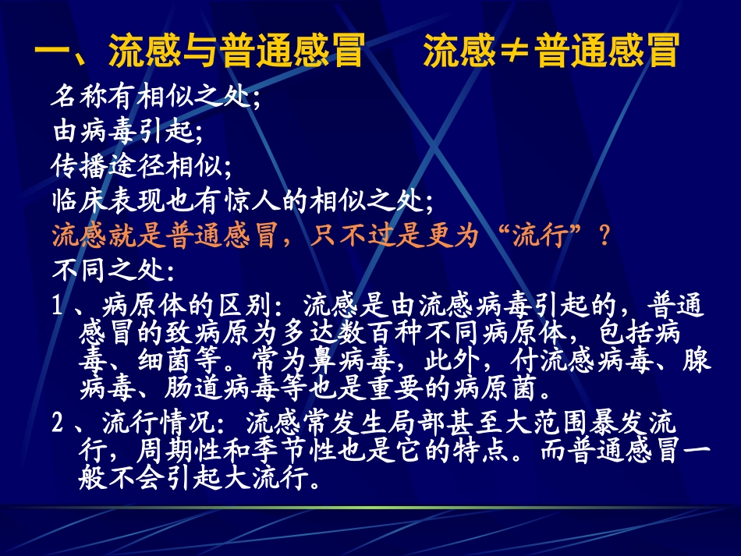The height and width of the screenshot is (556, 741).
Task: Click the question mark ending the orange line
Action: [x=601, y=236]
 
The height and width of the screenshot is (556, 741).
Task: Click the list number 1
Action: [x=58, y=306]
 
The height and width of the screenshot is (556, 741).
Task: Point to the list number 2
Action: [x=58, y=424]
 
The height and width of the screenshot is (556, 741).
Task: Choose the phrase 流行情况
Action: [x=151, y=424]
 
